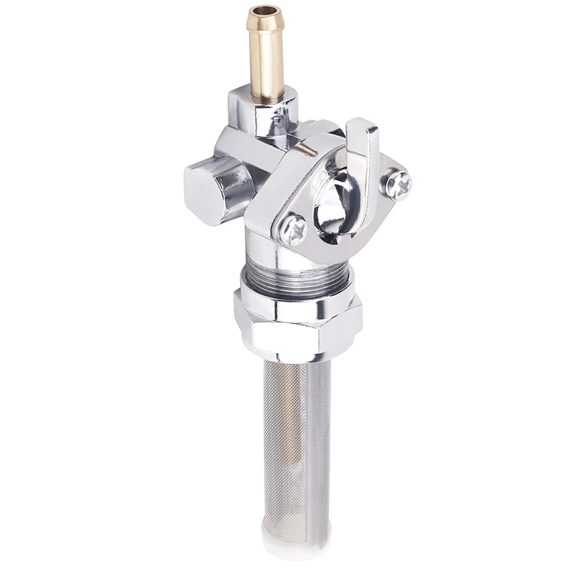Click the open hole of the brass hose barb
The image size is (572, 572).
265,12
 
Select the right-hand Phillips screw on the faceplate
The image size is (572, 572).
398,184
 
